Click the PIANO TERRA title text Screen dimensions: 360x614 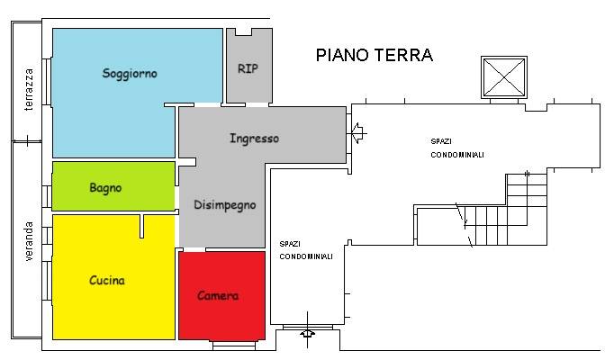pyautogui.click(x=374, y=55)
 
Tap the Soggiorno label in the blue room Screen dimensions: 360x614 pyautogui.click(x=130, y=74)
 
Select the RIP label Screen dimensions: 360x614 pyautogui.click(x=248, y=68)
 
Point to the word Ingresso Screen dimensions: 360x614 pyautogui.click(x=254, y=139)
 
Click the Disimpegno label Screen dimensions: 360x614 pyautogui.click(x=225, y=205)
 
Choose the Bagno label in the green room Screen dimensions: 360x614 pyautogui.click(x=105, y=188)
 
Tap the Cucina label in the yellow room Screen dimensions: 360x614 pyautogui.click(x=106, y=280)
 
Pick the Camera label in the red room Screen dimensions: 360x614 pyautogui.click(x=218, y=295)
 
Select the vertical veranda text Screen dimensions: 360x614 pyautogui.click(x=29, y=240)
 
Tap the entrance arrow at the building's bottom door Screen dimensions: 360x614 pyautogui.click(x=308, y=334)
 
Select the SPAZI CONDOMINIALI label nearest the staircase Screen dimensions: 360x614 pyautogui.click(x=456, y=148)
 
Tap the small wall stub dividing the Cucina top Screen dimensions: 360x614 pyautogui.click(x=141, y=226)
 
